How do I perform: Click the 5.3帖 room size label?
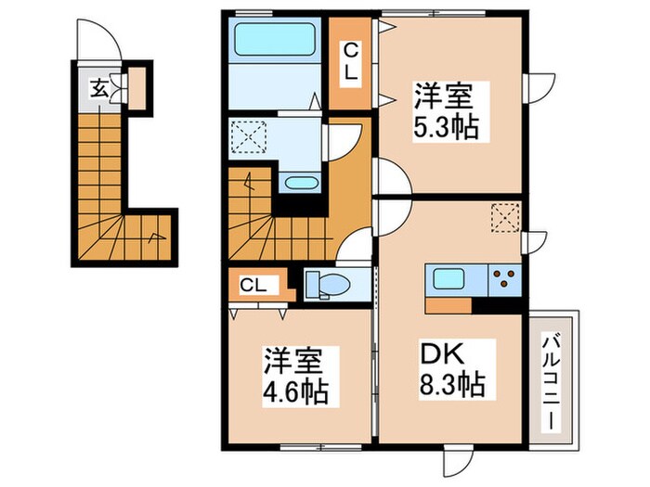(446, 126)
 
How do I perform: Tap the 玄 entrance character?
(98, 89)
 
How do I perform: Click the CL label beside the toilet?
(253, 285)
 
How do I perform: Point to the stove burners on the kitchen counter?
(505, 277)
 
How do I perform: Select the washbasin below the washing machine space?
(297, 182)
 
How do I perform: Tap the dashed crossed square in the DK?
(505, 219)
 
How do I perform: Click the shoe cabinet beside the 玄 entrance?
(136, 89)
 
